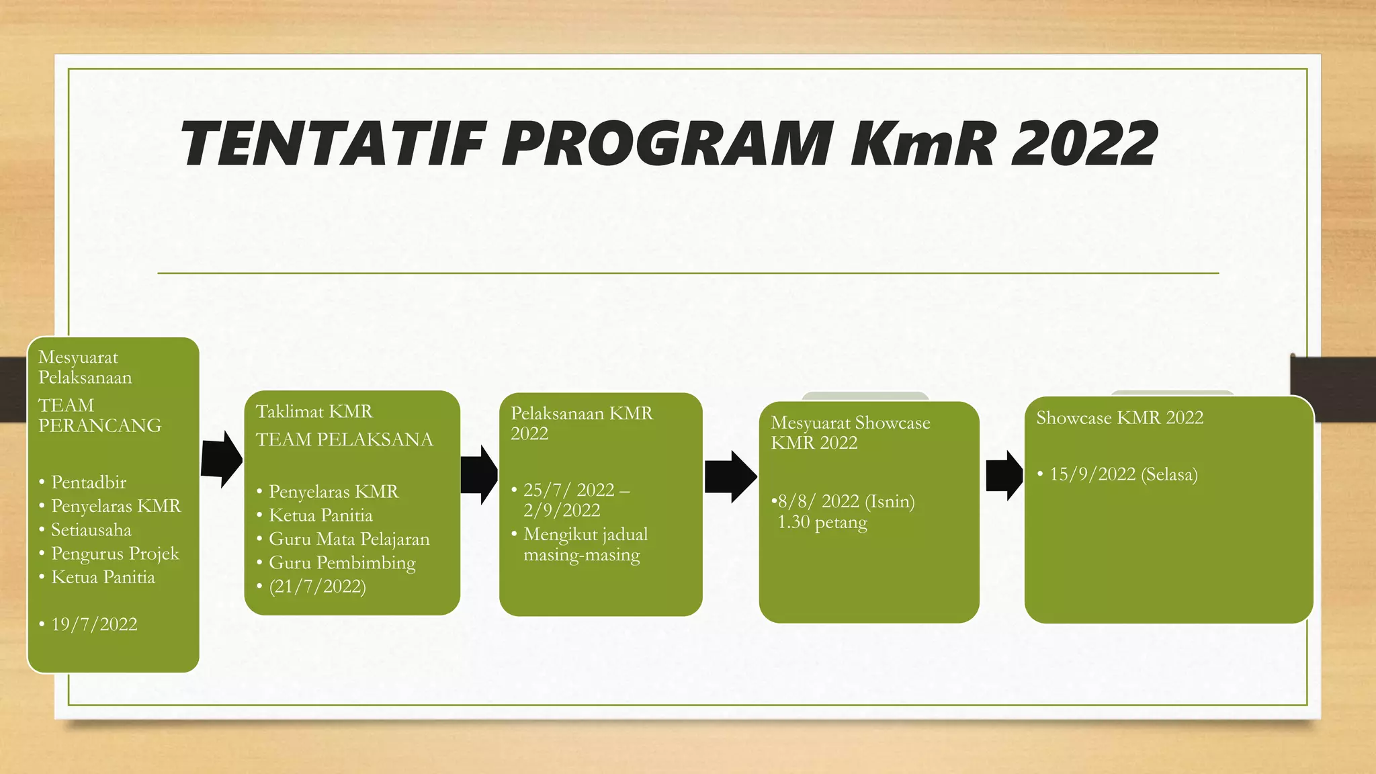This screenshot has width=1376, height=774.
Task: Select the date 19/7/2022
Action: [94, 624]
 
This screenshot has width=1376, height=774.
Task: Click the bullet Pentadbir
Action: [89, 482]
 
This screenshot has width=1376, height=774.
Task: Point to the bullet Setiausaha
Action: [91, 530]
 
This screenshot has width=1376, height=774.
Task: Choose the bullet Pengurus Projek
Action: [115, 554]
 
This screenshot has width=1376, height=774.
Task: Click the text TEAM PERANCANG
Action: [99, 415]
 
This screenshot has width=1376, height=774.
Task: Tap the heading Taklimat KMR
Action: [314, 411]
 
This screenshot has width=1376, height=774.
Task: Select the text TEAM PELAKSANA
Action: [344, 439]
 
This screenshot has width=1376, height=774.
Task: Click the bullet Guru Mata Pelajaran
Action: [349, 539]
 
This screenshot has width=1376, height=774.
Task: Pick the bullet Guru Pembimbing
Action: [342, 563]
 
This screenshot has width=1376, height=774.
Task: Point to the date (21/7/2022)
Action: [317, 587]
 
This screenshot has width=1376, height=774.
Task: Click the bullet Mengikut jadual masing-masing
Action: [585, 544]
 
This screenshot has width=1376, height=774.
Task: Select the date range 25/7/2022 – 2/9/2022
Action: [575, 500]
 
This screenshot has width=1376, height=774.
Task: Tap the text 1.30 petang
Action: [822, 522]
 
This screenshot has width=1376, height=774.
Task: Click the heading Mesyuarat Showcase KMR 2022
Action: [850, 433]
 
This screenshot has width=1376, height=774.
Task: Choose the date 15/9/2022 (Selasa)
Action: [1123, 474]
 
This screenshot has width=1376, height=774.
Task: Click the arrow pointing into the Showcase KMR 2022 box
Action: [1004, 476]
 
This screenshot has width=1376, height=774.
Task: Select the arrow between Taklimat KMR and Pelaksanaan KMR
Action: [479, 474]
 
